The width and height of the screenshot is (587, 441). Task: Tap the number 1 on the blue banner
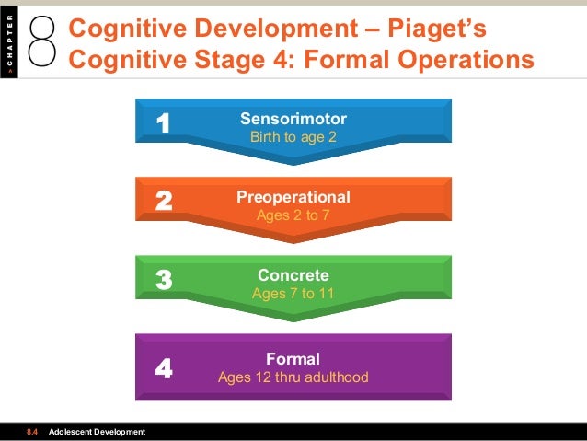tap(164, 122)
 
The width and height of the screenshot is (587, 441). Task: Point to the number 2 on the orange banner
tap(164, 201)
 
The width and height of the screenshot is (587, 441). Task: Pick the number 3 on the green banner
tap(164, 279)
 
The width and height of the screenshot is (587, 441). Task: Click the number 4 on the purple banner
tap(164, 369)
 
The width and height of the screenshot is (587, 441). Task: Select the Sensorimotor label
tap(293, 119)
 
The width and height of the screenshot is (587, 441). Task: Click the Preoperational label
tap(293, 197)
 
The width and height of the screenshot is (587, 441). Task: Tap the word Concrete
tap(293, 275)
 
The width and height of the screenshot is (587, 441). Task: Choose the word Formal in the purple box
tap(293, 359)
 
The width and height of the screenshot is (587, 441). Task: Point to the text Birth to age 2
tap(293, 137)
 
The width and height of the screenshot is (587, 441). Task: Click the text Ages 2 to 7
tap(293, 215)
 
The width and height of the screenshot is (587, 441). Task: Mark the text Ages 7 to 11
tap(293, 294)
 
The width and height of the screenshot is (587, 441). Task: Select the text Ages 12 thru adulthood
tap(293, 377)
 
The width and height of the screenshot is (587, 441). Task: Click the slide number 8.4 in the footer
tap(32, 432)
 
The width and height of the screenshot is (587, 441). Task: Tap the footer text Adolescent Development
tap(97, 432)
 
